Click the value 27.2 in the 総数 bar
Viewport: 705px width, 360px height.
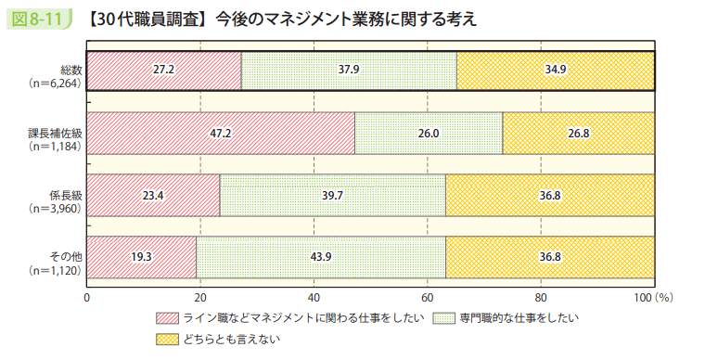click(x=164, y=71)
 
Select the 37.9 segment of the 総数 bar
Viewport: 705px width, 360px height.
click(x=349, y=71)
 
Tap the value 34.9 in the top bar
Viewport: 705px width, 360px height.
click(x=556, y=71)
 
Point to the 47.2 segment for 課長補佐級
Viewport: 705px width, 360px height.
click(x=221, y=133)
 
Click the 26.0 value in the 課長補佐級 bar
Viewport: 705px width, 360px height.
click(x=429, y=133)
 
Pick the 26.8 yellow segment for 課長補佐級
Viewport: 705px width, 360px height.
click(x=579, y=133)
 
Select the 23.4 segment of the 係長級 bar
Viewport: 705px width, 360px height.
click(x=153, y=195)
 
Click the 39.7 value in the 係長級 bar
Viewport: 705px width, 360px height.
click(x=333, y=195)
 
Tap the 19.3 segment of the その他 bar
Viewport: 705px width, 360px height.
click(x=142, y=257)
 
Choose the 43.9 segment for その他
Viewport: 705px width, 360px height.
click(x=321, y=257)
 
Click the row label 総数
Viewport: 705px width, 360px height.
click(x=71, y=71)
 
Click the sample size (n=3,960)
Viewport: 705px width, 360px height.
click(x=57, y=208)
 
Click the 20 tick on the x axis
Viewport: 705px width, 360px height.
click(x=200, y=298)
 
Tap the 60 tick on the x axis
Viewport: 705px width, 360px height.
click(x=428, y=298)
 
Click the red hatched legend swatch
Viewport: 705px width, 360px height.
click(x=167, y=319)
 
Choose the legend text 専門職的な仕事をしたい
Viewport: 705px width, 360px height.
click(x=517, y=319)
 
